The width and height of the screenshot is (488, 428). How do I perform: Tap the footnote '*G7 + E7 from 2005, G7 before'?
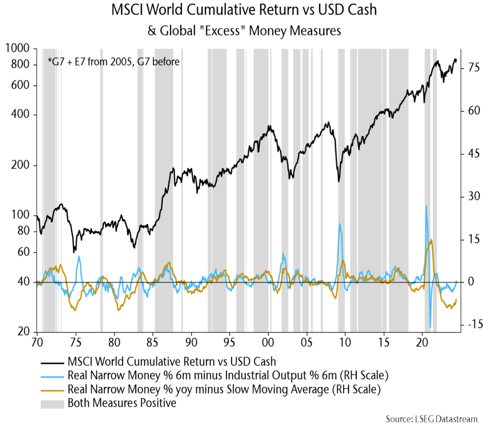(113, 62)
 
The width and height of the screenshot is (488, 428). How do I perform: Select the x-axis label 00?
(268, 343)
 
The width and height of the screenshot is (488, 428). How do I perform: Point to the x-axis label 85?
(153, 343)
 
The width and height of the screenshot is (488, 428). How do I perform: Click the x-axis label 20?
(422, 343)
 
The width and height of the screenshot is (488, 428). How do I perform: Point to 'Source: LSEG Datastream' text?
(431, 419)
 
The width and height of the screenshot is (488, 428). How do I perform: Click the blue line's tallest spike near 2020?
(426, 205)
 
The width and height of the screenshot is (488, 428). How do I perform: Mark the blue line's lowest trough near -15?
(430, 327)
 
